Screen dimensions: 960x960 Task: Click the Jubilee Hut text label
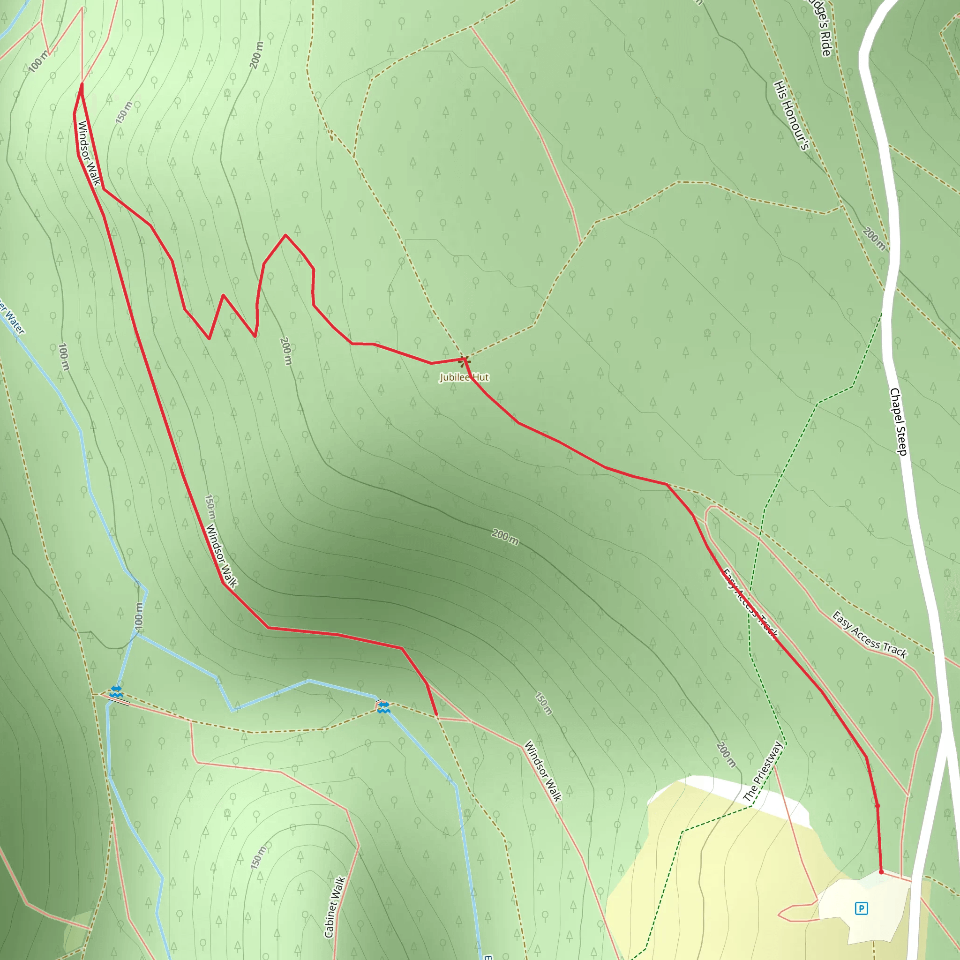[464, 378]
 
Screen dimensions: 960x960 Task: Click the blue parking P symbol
[861, 908]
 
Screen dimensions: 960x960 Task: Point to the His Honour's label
[792, 115]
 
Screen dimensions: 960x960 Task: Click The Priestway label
[763, 771]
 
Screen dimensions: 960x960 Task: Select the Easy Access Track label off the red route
[870, 635]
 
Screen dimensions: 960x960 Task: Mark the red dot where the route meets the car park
[881, 871]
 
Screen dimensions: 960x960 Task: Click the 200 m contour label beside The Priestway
[726, 754]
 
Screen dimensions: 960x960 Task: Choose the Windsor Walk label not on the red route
[543, 771]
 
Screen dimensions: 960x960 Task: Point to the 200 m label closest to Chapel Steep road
[874, 239]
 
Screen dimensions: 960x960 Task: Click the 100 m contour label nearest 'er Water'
[63, 356]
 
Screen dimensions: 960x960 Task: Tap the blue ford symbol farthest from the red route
[116, 691]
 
